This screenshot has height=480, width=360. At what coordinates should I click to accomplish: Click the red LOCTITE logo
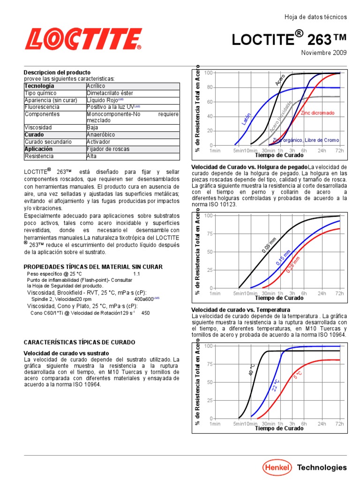83,39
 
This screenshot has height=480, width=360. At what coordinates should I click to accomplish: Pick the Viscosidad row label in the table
38,127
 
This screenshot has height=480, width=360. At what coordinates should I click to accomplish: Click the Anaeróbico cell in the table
101,135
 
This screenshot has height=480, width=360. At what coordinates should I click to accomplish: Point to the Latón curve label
246,119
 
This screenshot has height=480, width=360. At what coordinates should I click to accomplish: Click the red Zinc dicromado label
317,113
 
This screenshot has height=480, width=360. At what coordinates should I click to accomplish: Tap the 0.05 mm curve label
269,245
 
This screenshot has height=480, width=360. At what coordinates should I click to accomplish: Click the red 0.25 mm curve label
293,264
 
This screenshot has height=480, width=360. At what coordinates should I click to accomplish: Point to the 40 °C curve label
251,369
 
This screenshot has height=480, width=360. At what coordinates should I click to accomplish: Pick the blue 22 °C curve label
276,385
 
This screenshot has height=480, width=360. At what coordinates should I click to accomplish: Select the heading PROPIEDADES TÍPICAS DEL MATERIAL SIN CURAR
93,267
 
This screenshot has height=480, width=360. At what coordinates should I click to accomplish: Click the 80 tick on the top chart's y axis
209,87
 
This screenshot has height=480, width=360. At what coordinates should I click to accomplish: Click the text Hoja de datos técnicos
315,17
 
